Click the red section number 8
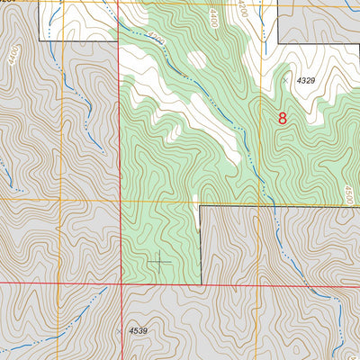coord(283,118)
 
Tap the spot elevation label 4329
coord(307,81)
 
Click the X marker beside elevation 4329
coord(286,81)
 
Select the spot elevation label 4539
coord(138,331)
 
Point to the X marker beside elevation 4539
coord(120,331)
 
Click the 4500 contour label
coord(350,194)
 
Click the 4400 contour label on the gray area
coord(13,56)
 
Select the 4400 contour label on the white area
coord(213,17)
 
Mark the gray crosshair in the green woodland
coord(160,262)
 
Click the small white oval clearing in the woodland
coord(196,60)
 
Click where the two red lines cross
coord(120,284)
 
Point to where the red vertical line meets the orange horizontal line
coord(120,200)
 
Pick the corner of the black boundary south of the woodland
coord(200,206)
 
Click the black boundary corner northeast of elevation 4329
coord(278,42)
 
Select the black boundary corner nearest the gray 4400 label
coord(40,40)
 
